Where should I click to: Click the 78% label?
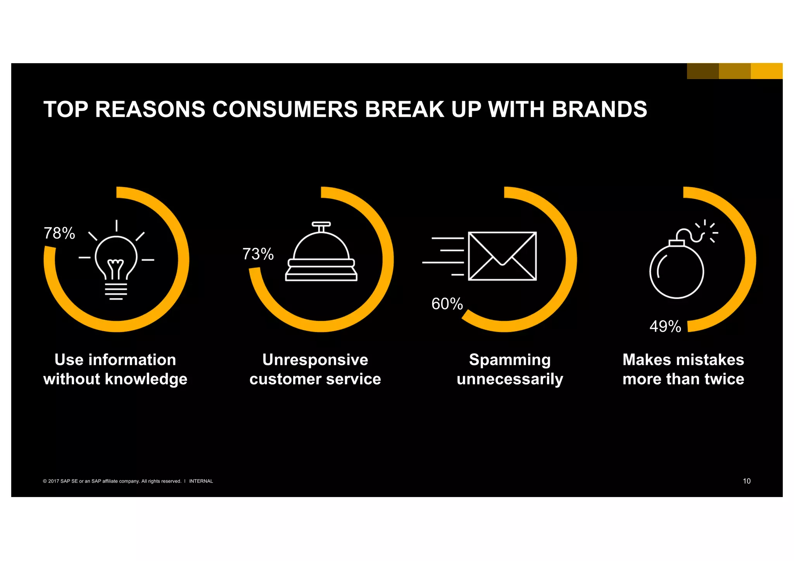click(59, 233)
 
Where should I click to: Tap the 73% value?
click(258, 254)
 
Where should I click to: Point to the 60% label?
click(447, 304)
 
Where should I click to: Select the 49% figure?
click(665, 326)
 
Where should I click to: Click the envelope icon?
click(502, 256)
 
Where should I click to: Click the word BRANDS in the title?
click(599, 109)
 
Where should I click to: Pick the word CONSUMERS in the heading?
click(285, 109)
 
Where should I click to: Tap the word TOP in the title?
click(66, 109)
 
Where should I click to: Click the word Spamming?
click(510, 360)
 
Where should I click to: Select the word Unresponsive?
click(315, 360)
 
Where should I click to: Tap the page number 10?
click(746, 481)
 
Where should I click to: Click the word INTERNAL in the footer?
click(201, 481)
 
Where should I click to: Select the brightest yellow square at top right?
click(766, 71)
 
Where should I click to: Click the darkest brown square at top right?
click(703, 71)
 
